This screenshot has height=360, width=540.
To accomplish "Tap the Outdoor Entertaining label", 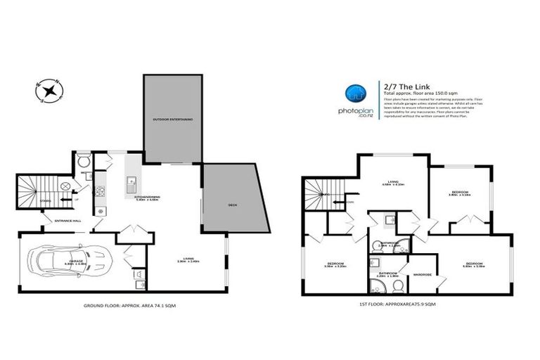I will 173,120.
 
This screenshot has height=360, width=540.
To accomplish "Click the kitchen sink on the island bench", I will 131,185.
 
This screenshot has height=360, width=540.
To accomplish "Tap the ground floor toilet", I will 83,158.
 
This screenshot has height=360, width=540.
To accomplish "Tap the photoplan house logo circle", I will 354,94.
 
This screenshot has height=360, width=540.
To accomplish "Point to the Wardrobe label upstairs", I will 422,274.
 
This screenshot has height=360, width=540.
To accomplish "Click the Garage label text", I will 76,261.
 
